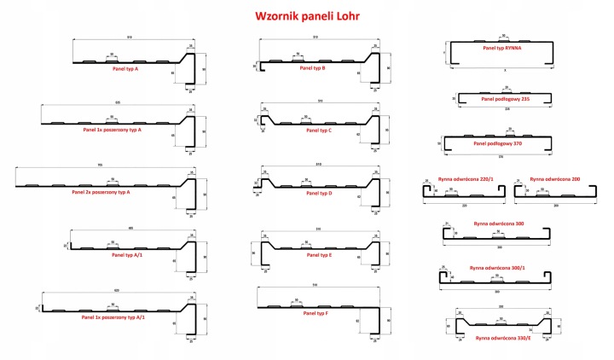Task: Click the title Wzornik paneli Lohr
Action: pyautogui.click(x=305, y=15)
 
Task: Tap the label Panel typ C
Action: pyautogui.click(x=317, y=131)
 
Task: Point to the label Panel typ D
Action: pyautogui.click(x=317, y=193)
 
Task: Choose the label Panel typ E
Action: pyautogui.click(x=317, y=254)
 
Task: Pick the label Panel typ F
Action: pyautogui.click(x=317, y=315)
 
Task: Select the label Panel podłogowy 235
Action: pyautogui.click(x=506, y=98)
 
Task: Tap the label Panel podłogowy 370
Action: pyautogui.click(x=506, y=143)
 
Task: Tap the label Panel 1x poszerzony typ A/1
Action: pyautogui.click(x=113, y=316)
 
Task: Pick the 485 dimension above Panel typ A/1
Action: pyautogui.click(x=131, y=227)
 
